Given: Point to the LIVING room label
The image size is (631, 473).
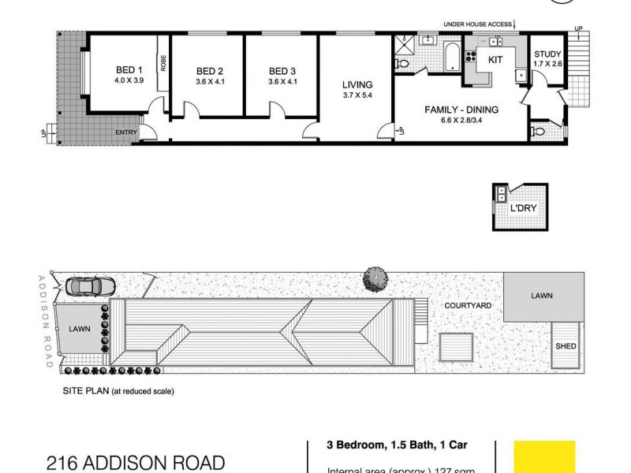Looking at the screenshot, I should tap(357, 84).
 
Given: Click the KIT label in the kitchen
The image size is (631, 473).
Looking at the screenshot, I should tap(495, 59).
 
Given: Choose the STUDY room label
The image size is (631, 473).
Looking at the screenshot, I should tap(547, 54).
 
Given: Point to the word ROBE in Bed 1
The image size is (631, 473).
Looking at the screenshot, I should tap(163, 63).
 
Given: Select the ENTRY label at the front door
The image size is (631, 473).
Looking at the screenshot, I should tap(126, 132).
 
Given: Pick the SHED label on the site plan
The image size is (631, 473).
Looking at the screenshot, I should tap(566, 346).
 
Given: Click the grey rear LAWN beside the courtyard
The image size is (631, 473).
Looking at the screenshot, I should tap(543, 297).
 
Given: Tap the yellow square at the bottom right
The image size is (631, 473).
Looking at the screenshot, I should tap(544, 456).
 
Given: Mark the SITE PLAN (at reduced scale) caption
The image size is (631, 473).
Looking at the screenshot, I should tap(118, 391).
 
